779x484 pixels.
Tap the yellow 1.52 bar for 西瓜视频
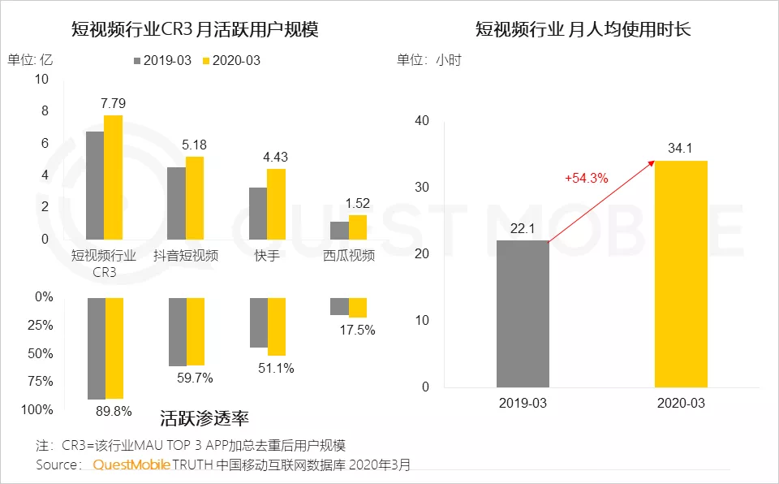click(358, 227)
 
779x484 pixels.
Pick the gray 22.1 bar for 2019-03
click(523, 313)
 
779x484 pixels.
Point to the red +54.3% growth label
click(587, 178)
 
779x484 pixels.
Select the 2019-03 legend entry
click(161, 61)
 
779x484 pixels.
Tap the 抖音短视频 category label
click(186, 256)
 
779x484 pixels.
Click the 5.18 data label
click(195, 145)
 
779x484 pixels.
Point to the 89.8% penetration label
click(114, 411)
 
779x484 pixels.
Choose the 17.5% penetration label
click(358, 330)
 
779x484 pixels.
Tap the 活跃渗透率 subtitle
click(204, 419)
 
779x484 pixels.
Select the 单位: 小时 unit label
click(429, 60)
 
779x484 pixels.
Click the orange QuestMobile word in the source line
click(131, 465)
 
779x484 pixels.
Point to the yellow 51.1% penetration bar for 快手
click(277, 326)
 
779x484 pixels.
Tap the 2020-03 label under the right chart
click(681, 404)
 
